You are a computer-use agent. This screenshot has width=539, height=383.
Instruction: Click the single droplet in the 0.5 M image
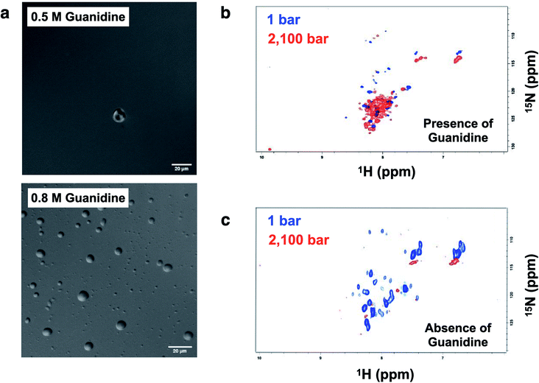(x=119, y=115)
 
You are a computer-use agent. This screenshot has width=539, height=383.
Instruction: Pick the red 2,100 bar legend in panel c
(x=303, y=239)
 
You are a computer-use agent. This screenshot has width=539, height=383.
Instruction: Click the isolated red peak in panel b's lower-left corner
(x=271, y=150)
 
